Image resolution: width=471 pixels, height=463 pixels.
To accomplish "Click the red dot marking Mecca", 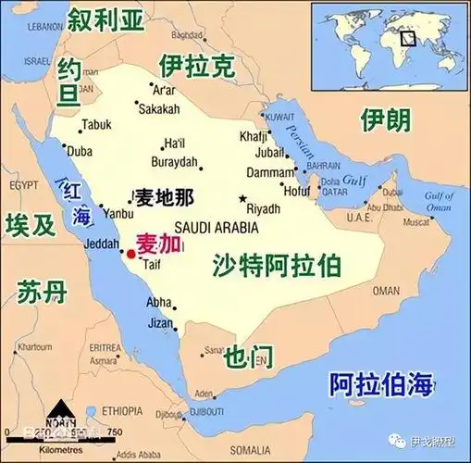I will click(x=130, y=253).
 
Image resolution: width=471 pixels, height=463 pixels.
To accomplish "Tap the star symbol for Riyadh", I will click(x=243, y=198).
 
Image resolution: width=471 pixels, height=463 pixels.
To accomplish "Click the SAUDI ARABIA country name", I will click(x=216, y=227).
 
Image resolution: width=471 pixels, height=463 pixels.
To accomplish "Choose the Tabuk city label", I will click(x=96, y=124).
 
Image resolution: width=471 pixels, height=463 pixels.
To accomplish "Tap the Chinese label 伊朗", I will click(x=384, y=119).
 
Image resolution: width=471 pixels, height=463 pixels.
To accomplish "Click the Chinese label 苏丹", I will click(x=43, y=294).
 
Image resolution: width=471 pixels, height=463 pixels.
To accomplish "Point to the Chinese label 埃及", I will click(x=30, y=225).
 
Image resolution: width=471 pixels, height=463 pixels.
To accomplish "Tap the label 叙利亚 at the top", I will click(x=110, y=18).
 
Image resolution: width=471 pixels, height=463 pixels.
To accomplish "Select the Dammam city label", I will click(x=269, y=172).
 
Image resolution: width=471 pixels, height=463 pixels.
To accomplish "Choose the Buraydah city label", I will click(x=176, y=161).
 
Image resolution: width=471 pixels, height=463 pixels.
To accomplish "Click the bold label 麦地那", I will click(x=163, y=198).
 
